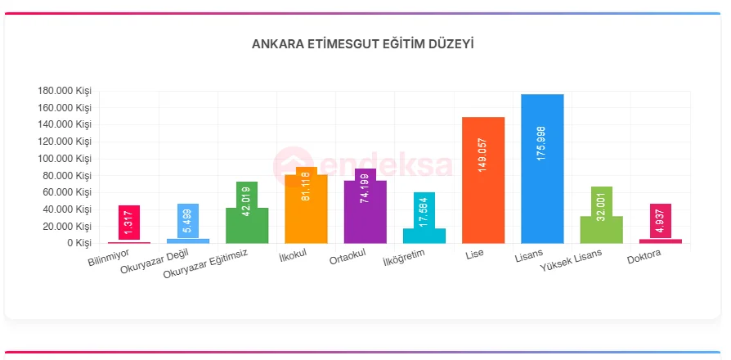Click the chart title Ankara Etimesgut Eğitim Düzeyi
tap(362, 43)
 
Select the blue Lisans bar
tap(542, 205)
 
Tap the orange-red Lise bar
tap(483, 205)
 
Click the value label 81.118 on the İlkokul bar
tap(306, 186)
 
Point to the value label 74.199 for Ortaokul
tap(365, 190)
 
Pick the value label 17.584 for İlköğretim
tap(424, 211)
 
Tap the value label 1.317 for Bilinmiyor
tap(129, 223)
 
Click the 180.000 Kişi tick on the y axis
tap(65, 91)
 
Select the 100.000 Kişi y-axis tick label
tap(65, 159)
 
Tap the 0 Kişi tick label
tap(78, 243)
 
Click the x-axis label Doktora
tap(644, 259)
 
